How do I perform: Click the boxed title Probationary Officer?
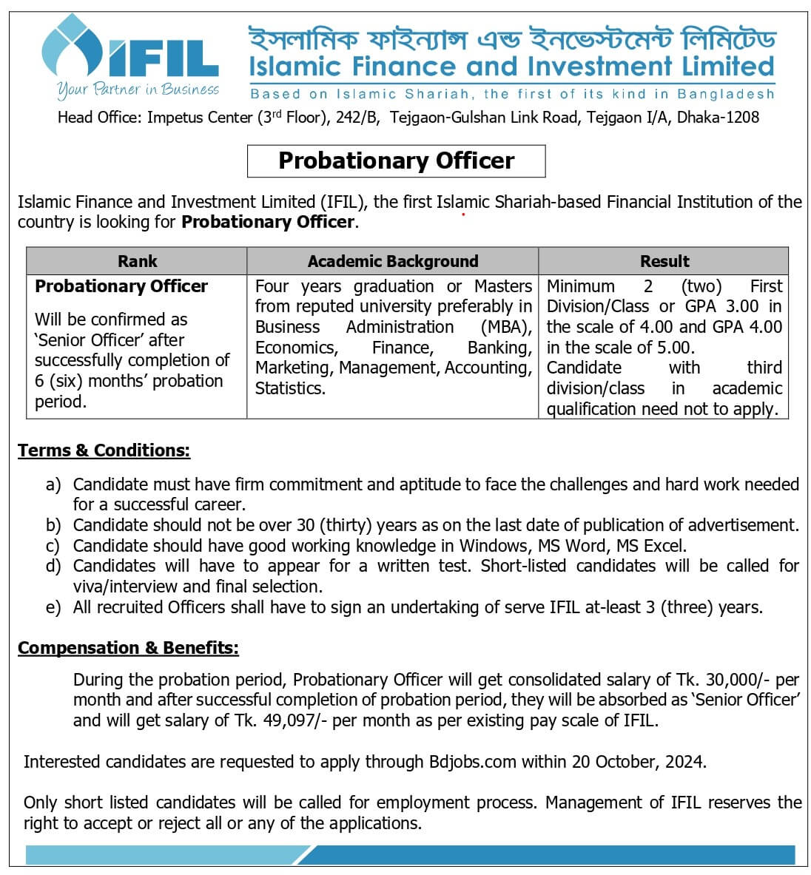pyautogui.click(x=396, y=161)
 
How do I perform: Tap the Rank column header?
pyautogui.click(x=137, y=261)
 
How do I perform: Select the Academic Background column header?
pyautogui.click(x=392, y=261)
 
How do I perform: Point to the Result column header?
pyautogui.click(x=664, y=261)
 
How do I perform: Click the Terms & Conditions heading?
pyautogui.click(x=104, y=450)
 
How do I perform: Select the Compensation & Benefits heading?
pyautogui.click(x=128, y=648)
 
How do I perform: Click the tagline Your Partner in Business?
pyautogui.click(x=138, y=89)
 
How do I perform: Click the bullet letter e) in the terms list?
pyautogui.click(x=53, y=608)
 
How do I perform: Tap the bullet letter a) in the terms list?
pyautogui.click(x=53, y=485)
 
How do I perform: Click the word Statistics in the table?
pyautogui.click(x=289, y=388)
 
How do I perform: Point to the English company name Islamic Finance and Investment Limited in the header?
pyautogui.click(x=511, y=67)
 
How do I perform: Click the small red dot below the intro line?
pyautogui.click(x=463, y=215)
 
